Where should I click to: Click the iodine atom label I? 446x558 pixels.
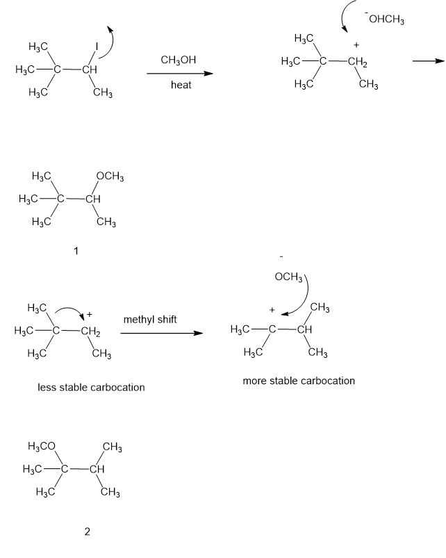(97, 47)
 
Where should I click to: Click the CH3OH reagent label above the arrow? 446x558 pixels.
(178, 60)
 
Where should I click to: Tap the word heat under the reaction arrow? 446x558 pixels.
(181, 85)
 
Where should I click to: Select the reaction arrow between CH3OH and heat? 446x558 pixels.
(180, 74)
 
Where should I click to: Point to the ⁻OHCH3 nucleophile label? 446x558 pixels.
(384, 19)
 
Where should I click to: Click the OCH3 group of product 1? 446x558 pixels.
(110, 177)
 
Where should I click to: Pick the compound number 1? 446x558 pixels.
(76, 251)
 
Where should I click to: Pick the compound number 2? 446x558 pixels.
(87, 532)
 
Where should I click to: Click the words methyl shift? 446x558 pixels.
(150, 320)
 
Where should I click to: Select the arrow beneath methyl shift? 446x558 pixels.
(161, 333)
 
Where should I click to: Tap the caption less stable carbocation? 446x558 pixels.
(91, 387)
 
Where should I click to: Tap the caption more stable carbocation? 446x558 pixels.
(299, 381)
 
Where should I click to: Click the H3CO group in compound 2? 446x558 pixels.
(42, 446)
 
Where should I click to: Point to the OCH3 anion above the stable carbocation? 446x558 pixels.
(288, 277)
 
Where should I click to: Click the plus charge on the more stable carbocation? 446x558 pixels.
(272, 310)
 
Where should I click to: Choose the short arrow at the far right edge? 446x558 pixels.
(428, 61)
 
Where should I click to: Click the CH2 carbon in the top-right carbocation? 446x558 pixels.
(358, 63)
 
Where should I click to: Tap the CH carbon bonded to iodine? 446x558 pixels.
(90, 69)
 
